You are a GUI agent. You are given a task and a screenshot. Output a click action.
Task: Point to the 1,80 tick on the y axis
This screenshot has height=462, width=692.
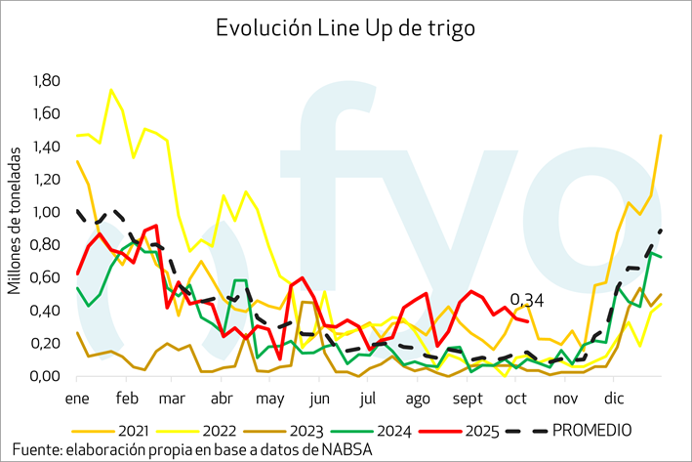pos(46,80)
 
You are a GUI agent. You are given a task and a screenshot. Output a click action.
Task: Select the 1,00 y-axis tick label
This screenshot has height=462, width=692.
pos(46,212)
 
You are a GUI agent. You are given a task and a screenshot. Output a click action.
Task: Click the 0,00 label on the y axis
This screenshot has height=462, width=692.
pos(46,377)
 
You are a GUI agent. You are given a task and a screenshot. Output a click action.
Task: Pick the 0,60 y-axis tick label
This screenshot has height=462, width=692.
pos(46,278)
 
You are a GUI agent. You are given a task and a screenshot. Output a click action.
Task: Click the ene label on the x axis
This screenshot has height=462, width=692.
pos(77,399)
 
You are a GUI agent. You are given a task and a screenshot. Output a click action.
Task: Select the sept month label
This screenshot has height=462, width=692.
pos(468,399)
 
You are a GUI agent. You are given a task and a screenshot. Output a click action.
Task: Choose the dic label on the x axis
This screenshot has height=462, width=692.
pos(615,399)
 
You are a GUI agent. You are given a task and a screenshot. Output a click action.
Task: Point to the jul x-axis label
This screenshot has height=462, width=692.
pos(368,399)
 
